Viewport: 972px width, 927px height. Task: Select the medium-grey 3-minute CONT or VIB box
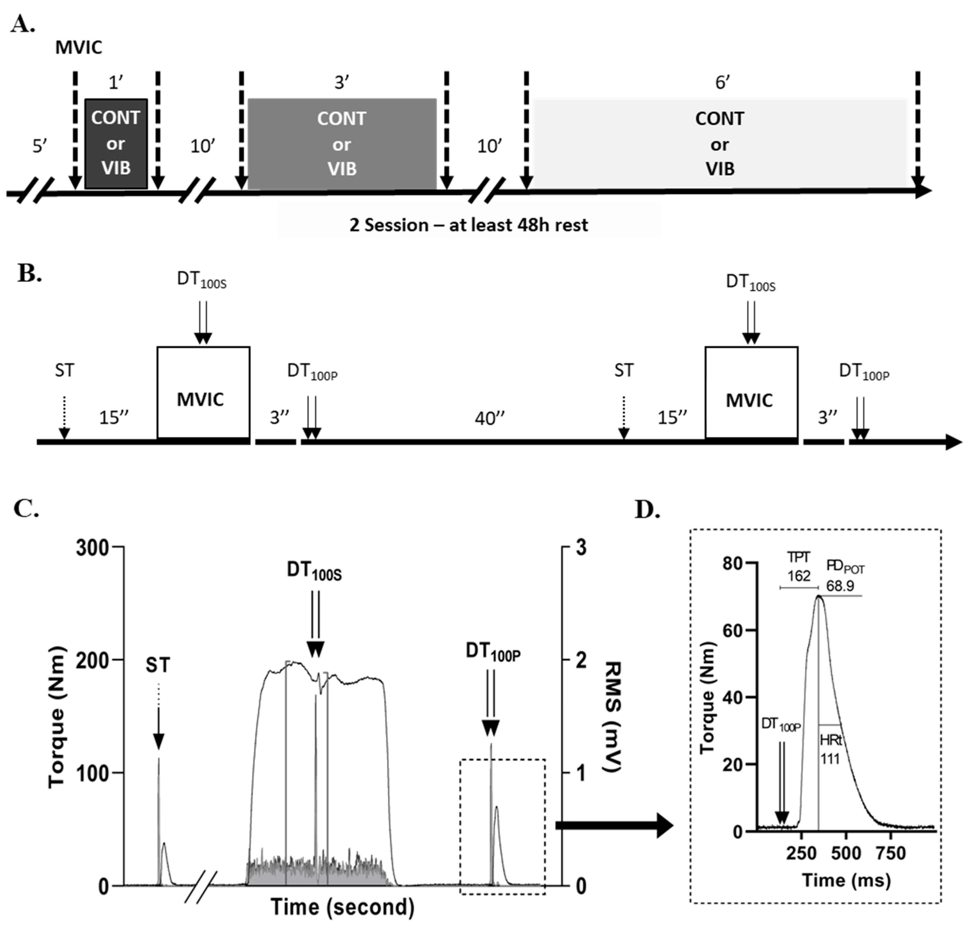(342, 143)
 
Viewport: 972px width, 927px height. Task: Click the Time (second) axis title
(343, 906)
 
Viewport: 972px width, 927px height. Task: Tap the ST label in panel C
(158, 665)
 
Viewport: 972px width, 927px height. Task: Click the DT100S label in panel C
(314, 571)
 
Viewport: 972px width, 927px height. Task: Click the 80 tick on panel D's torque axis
(733, 563)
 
